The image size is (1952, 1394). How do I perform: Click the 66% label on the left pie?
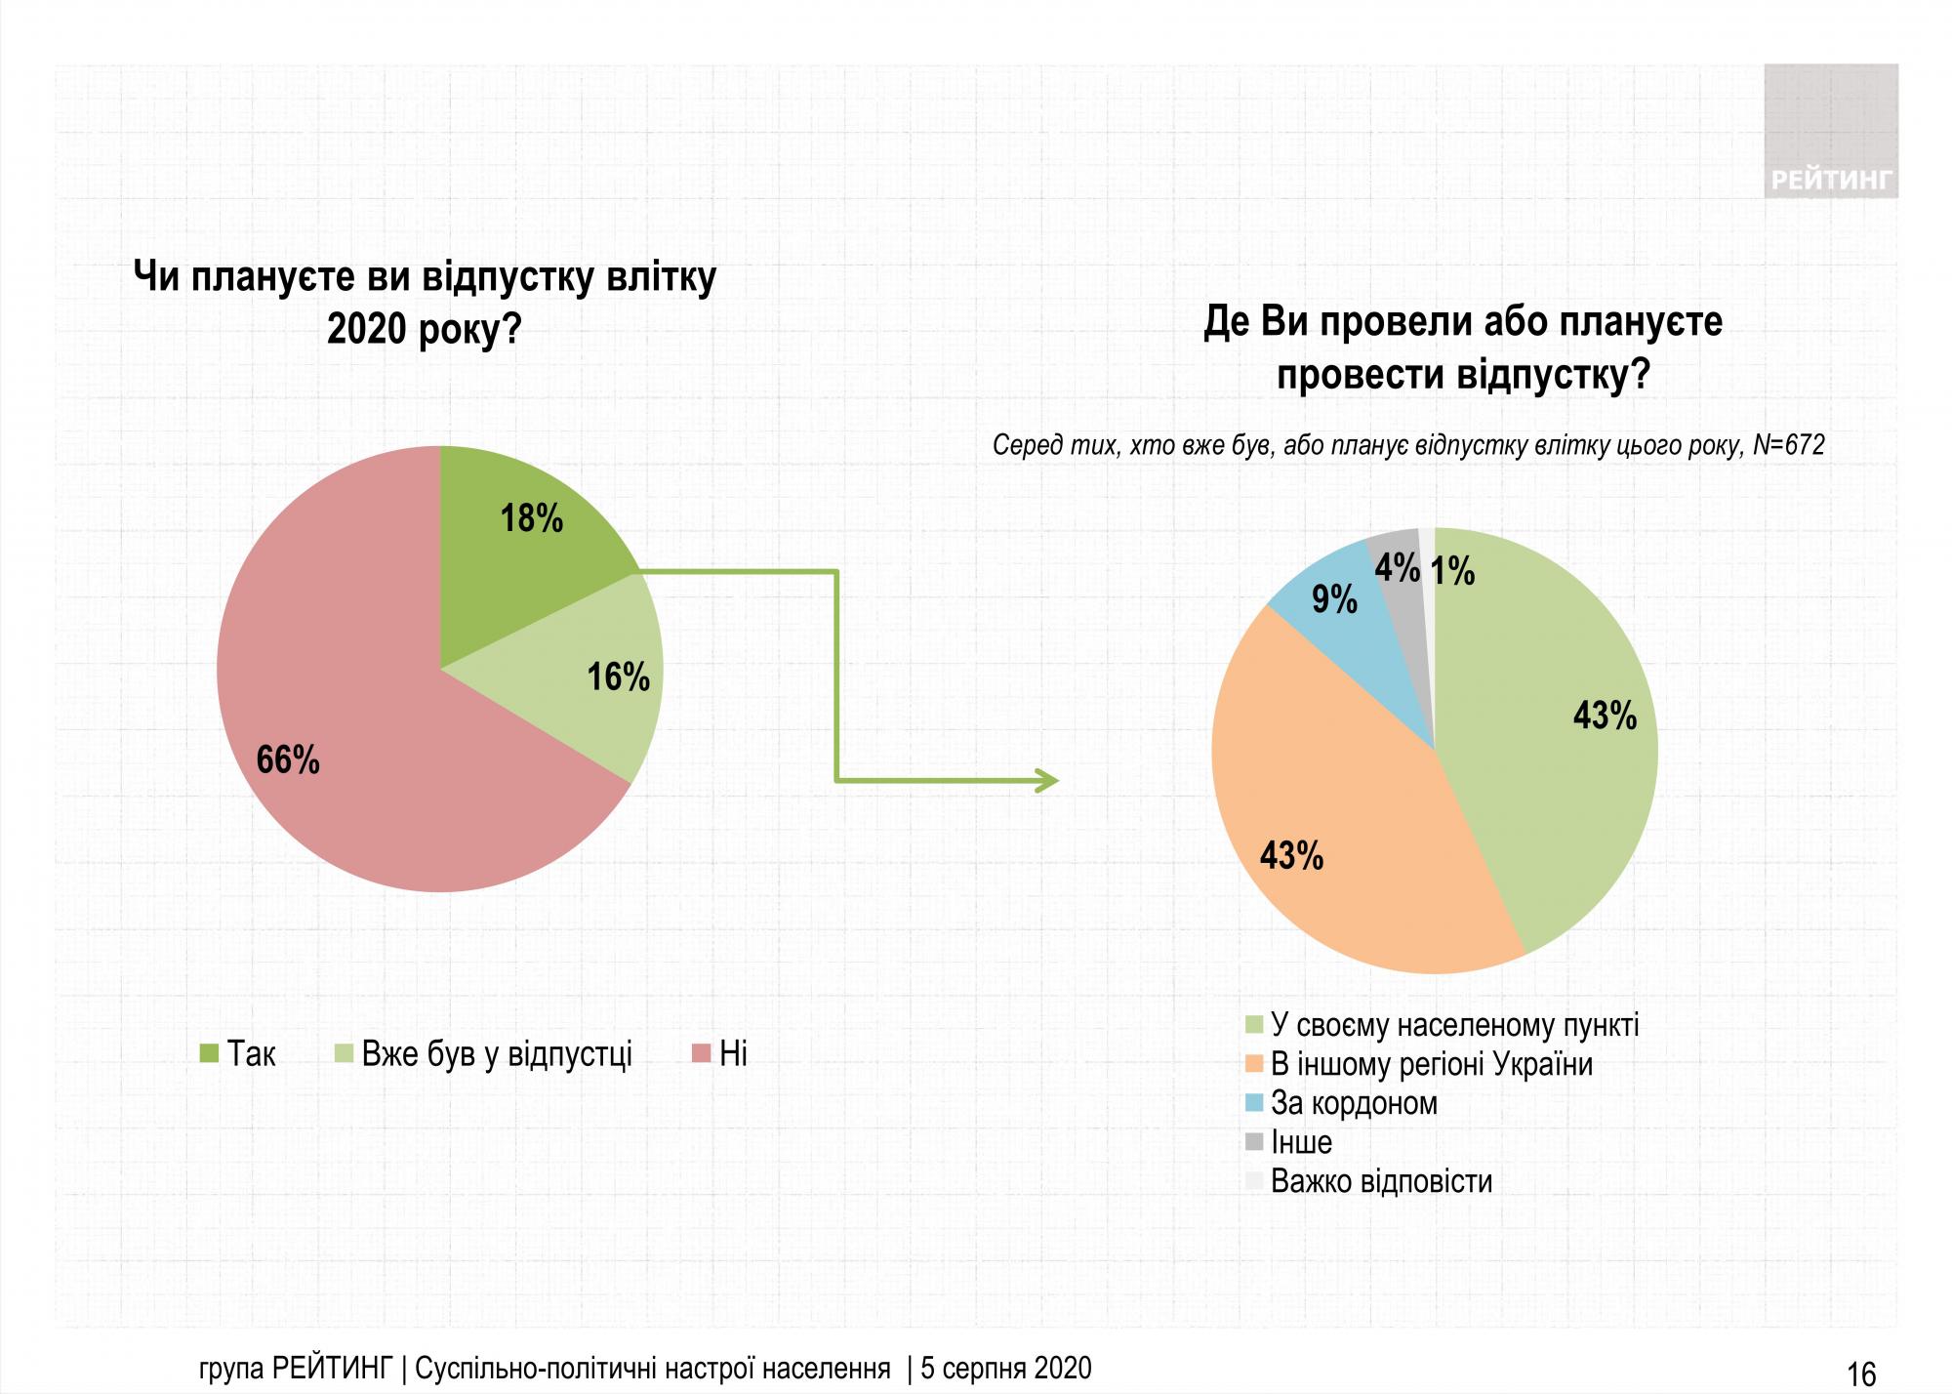288,759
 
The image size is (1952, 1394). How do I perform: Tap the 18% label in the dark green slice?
532,518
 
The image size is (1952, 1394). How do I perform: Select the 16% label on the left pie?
618,676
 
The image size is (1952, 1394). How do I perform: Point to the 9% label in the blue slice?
1334,599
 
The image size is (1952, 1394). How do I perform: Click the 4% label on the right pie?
1397,568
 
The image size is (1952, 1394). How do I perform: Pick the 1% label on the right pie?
1452,571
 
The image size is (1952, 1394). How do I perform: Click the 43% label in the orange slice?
1291,856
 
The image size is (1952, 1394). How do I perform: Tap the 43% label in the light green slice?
1605,717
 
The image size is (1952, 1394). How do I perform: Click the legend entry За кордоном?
1353,1103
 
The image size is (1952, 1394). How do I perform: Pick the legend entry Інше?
1300,1142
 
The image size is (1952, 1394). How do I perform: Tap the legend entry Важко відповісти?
1380,1181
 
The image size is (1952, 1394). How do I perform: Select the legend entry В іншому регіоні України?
1431,1064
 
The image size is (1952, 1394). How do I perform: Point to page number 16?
1861,1373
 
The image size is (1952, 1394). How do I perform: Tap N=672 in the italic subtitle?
1788,445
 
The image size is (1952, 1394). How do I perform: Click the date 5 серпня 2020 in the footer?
1005,1369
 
